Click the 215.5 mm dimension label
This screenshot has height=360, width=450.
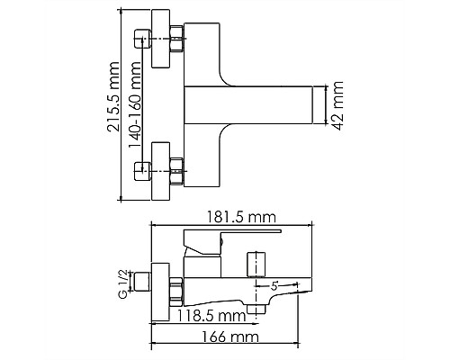113,96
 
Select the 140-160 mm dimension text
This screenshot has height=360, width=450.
135,104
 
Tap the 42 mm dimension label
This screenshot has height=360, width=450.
338,105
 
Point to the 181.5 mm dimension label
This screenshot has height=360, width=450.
241,217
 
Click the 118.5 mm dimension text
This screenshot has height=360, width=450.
211,316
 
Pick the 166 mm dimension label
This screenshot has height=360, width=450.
229,337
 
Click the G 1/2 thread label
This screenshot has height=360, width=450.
124,283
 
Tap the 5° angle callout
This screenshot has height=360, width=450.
274,286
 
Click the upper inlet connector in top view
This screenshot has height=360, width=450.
142,39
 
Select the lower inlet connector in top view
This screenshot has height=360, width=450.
142,171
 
